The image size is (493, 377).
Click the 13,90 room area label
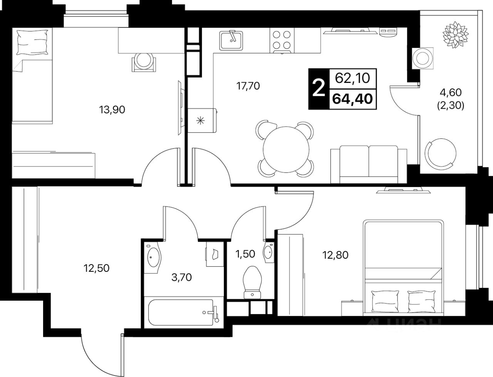[x=112, y=110]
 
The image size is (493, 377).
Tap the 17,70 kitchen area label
[x=248, y=86]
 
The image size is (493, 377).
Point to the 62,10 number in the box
[x=352, y=79]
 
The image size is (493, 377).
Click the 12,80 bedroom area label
[x=335, y=255]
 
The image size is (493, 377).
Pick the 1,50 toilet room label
[x=245, y=254]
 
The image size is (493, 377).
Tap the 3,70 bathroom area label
[x=181, y=278]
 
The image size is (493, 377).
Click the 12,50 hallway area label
[x=96, y=268]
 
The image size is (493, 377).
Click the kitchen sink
[x=231, y=40]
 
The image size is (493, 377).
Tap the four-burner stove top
[x=282, y=41]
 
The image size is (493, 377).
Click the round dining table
[x=286, y=150]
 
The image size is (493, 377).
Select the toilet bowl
[x=252, y=282]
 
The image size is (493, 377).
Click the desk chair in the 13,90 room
[x=144, y=62]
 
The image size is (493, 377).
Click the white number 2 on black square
[x=319, y=89]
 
